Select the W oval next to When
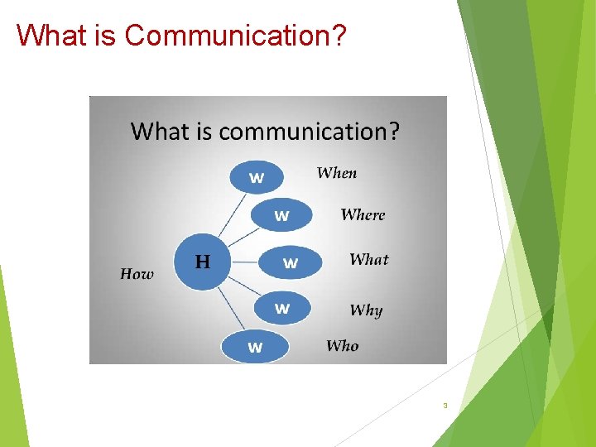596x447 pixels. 257,177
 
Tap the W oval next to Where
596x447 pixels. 281,215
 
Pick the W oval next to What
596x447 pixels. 291,262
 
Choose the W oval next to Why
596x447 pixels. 282,308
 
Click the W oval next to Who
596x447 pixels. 255,347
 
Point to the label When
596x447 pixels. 337,173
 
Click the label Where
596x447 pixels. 363,214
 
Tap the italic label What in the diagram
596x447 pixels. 368,259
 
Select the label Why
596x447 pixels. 366,310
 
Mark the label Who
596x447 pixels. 342,346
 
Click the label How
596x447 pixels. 137,274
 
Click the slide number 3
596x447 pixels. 445,406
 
